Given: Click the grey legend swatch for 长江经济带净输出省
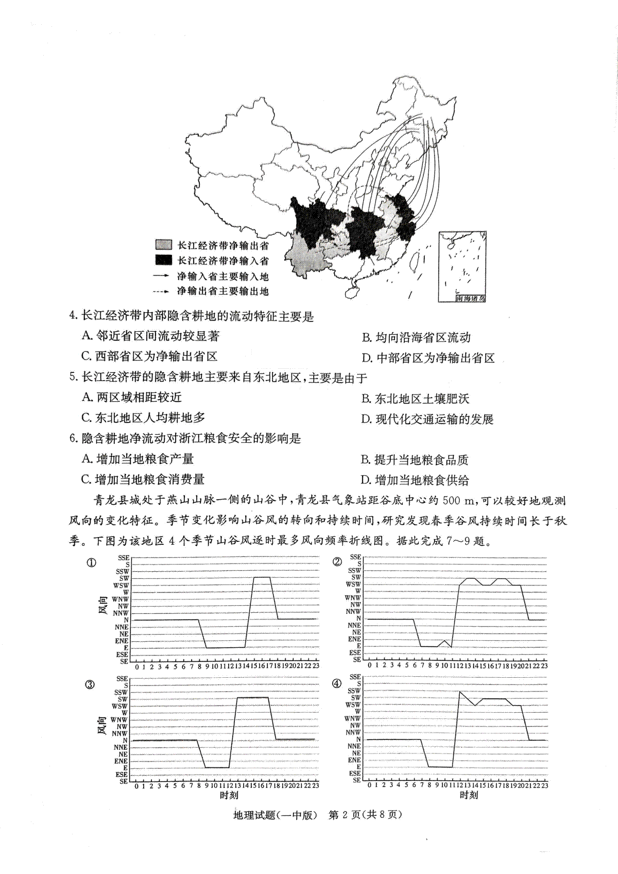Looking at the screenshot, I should coord(163,245).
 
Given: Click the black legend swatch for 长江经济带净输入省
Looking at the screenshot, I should coord(163,260).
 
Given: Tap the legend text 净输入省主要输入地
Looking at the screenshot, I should coord(222,276).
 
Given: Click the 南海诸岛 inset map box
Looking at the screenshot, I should coord(462,266).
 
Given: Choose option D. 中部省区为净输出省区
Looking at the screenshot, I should coord(428,358).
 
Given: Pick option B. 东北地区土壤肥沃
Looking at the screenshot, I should coord(415,399).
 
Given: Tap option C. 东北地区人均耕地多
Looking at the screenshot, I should coord(143,418).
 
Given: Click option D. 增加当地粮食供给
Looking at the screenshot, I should coord(415,481).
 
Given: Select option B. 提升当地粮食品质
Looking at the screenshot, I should coord(415,460).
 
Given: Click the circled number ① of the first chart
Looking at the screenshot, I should coord(91,563).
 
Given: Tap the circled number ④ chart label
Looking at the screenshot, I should coord(337,683).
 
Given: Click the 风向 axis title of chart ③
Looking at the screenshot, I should coord(102,727).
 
